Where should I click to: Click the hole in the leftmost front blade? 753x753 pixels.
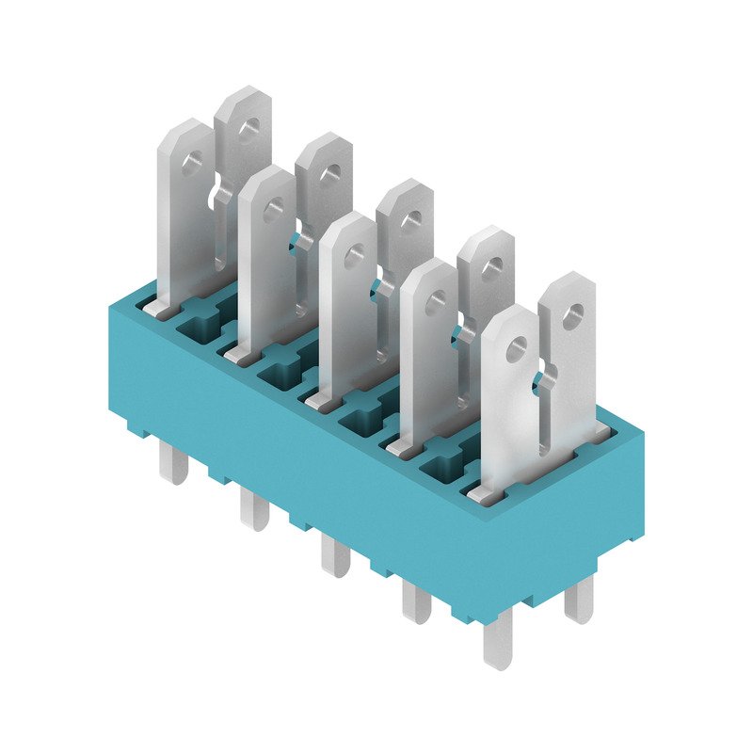(193, 164)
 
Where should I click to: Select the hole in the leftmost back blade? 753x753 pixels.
(249, 127)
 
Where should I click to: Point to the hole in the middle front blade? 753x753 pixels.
(355, 256)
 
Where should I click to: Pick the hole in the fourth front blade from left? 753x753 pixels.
(436, 302)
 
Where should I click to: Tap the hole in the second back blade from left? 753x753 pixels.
(330, 173)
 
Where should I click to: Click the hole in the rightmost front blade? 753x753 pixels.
(517, 349)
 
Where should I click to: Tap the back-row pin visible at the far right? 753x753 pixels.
(579, 600)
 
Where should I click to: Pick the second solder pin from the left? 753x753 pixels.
(254, 509)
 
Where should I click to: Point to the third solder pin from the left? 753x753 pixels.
(334, 554)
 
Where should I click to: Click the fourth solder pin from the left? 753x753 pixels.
(416, 601)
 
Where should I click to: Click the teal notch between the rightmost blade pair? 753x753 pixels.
(538, 381)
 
